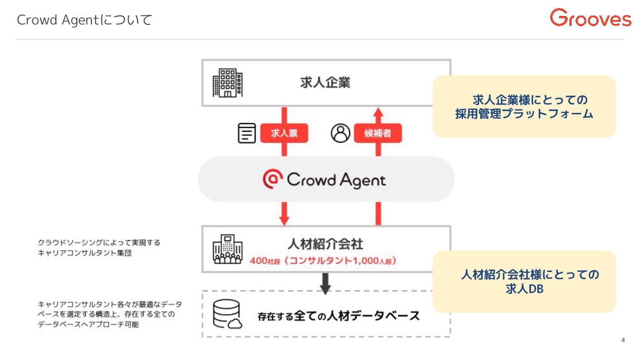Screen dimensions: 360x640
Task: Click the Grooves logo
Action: coord(590,18)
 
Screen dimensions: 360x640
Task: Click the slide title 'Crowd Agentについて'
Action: coord(84,20)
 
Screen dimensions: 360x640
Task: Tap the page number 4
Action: coord(623,340)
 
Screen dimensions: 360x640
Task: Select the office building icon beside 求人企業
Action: coord(228,83)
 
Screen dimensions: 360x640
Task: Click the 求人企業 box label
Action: coord(325,83)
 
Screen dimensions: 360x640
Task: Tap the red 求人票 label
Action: coord(284,133)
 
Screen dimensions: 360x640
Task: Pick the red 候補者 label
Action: coord(378,133)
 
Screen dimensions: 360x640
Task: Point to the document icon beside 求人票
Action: coord(247,133)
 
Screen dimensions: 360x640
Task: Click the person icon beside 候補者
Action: coord(340,133)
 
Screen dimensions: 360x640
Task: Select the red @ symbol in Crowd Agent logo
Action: coord(271,180)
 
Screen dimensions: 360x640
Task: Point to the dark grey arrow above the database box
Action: coord(326,284)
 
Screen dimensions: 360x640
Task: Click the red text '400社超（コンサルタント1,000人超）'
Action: coord(323,261)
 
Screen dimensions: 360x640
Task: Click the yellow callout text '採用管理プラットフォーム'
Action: coord(524,114)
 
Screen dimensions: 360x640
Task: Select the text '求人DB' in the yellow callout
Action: coord(524,289)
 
